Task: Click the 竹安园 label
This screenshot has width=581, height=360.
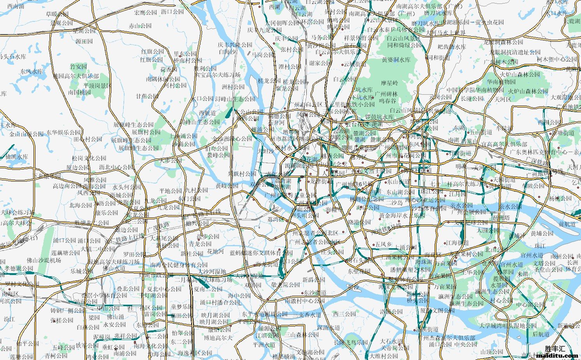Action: [78, 67]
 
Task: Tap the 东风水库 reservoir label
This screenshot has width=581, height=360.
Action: [32, 72]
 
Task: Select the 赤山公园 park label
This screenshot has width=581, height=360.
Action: [140, 26]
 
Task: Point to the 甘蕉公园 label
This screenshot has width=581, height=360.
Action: [147, 96]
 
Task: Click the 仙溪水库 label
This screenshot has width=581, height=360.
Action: [17, 157]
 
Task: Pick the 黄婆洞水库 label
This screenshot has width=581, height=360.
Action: [396, 60]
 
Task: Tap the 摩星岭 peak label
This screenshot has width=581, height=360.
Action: [389, 83]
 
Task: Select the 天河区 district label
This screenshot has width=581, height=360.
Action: [503, 99]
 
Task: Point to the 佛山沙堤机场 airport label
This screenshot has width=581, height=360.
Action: [44, 260]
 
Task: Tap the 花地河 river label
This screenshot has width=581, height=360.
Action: [215, 251]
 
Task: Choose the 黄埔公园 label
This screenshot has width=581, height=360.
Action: [542, 233]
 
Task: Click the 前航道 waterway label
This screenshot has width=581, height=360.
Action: [567, 224]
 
